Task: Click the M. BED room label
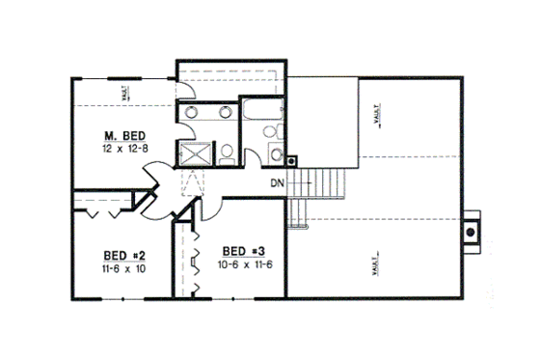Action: [x=125, y=135]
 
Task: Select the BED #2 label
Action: [x=124, y=255]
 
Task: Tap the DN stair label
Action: [x=277, y=182]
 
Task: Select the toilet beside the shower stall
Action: [x=223, y=152]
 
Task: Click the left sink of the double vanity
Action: [x=192, y=112]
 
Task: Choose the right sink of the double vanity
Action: [x=225, y=112]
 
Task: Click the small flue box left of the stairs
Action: [x=292, y=161]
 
